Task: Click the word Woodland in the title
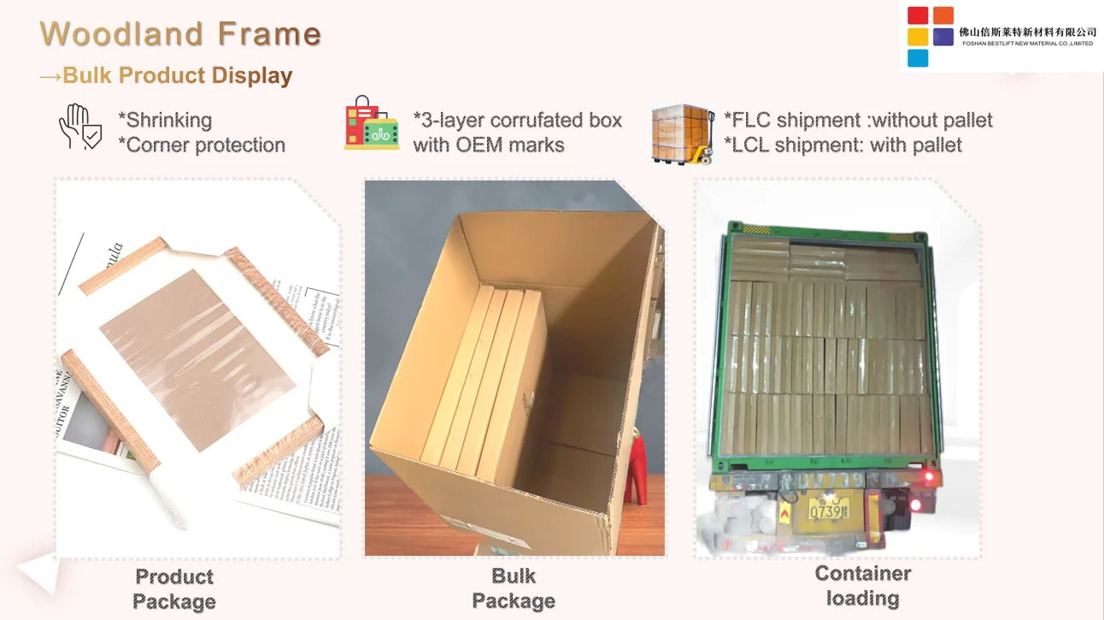(125, 34)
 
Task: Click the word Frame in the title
(269, 34)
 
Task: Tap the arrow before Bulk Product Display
(50, 76)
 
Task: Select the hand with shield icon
(79, 127)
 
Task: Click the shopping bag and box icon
(372, 124)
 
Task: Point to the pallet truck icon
(683, 133)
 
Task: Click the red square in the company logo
(918, 15)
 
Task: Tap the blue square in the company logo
(918, 58)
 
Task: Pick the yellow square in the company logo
(918, 37)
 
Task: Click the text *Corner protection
(202, 145)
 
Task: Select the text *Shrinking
(165, 121)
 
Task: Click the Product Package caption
(174, 589)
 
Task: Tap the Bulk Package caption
(514, 589)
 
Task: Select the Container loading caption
(862, 586)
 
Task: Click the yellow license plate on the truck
(828, 512)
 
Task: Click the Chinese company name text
(1027, 32)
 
